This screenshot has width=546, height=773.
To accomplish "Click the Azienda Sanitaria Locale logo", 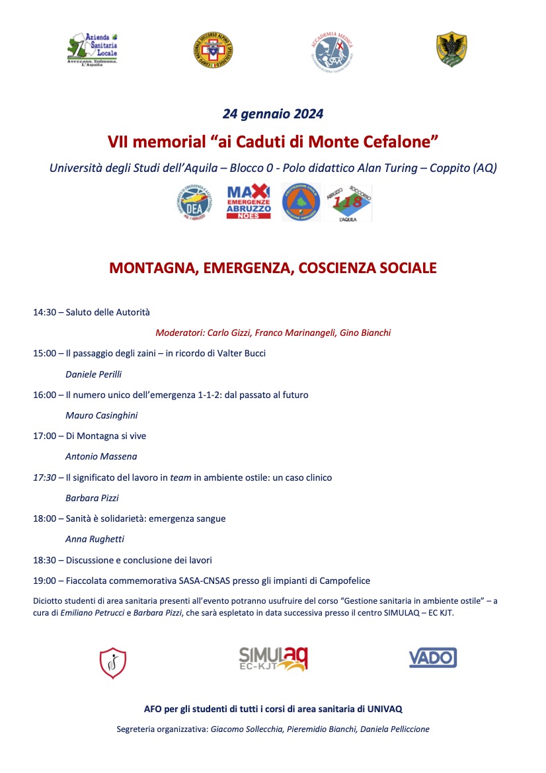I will click(x=93, y=50).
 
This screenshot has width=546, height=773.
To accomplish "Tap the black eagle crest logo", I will click(x=452, y=50).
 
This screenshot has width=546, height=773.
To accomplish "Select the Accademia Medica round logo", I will click(x=333, y=51).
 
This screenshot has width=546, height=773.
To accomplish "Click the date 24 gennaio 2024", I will click(x=273, y=114).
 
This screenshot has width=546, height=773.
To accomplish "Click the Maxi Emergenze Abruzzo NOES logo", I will click(x=249, y=202).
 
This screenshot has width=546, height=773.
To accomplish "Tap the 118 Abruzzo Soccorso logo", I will click(x=348, y=202).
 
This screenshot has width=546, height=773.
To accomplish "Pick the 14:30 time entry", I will click(x=44, y=312).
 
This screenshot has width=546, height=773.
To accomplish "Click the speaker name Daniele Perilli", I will click(x=93, y=374).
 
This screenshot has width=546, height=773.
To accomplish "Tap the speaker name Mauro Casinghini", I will click(x=101, y=415).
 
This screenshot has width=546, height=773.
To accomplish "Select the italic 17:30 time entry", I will click(x=44, y=477).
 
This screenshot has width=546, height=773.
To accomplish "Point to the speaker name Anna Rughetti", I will click(x=95, y=539).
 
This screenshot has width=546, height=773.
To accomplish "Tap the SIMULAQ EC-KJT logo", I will click(x=273, y=658).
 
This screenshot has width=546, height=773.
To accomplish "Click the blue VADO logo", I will click(x=433, y=658).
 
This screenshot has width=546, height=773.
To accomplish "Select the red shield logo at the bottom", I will click(x=113, y=663).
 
